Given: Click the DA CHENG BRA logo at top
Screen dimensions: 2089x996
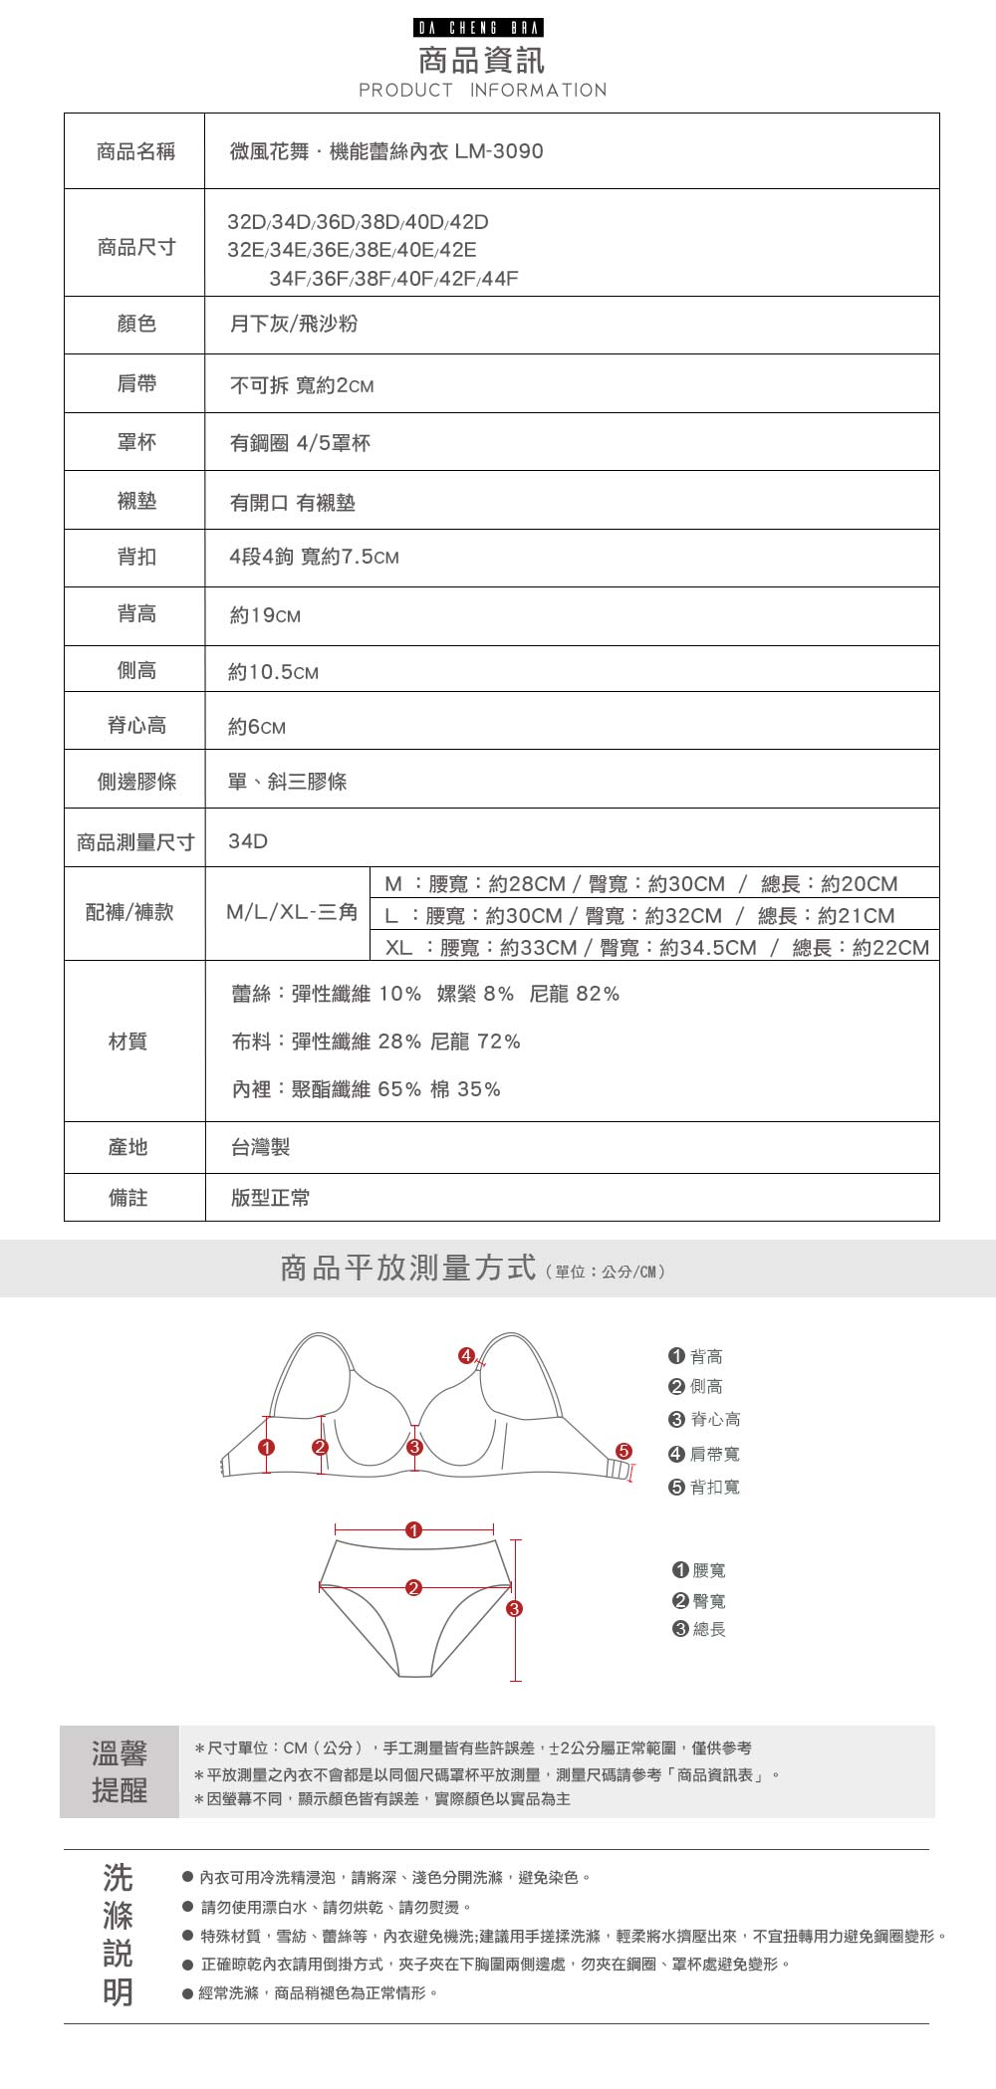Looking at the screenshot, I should click(x=479, y=28).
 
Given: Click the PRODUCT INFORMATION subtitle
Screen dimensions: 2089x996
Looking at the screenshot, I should click(x=482, y=91).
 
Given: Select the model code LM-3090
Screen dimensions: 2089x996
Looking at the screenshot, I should click(x=499, y=151).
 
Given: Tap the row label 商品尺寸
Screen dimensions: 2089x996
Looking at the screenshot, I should click(x=136, y=247).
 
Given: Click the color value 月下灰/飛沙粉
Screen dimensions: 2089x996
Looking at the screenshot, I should click(x=294, y=324).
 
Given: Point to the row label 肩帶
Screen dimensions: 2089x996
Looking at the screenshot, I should click(x=136, y=383).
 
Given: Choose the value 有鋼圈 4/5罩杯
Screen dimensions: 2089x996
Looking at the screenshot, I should click(x=300, y=443).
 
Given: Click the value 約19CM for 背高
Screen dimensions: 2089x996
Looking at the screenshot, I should click(x=265, y=615).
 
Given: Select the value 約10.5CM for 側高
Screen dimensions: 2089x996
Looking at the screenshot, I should click(x=274, y=672).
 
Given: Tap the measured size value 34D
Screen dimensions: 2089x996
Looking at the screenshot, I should click(x=248, y=841).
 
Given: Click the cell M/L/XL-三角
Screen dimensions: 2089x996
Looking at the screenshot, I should click(x=291, y=912).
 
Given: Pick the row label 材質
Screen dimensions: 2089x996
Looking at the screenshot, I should click(x=127, y=1042).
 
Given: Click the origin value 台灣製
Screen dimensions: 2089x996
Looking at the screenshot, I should click(x=260, y=1147).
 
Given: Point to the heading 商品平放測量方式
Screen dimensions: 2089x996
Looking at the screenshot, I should click(x=408, y=1269).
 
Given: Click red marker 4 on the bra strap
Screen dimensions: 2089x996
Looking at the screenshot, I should click(x=465, y=1355).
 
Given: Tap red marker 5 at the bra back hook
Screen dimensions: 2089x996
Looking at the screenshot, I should click(x=623, y=1451).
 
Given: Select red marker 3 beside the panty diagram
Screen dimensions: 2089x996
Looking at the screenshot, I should click(x=514, y=1608).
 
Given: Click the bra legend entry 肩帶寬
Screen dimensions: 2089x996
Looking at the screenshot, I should click(x=705, y=1454).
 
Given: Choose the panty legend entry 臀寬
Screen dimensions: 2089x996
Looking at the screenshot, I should click(x=700, y=1601).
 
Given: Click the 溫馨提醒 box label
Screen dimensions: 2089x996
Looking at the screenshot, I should click(x=120, y=1771).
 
